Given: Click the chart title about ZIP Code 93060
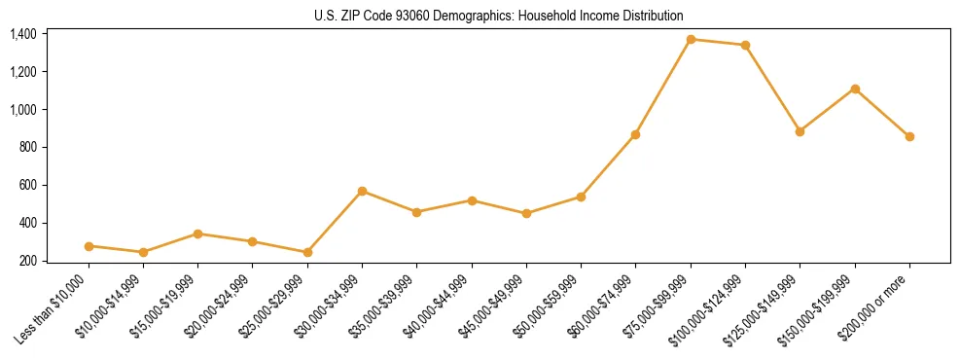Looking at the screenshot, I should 498,16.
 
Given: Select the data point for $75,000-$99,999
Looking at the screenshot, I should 691,40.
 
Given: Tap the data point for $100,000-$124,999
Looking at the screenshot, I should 745,45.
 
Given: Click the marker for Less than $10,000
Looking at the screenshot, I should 89,246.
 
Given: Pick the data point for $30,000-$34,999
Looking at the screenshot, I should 362,191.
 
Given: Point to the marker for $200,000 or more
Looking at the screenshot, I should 909,137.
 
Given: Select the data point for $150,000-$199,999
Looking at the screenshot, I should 855,89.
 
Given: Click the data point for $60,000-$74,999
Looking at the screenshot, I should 635,134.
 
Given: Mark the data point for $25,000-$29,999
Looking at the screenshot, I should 307,252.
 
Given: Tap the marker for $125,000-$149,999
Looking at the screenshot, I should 800,131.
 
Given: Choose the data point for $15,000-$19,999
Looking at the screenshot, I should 197,234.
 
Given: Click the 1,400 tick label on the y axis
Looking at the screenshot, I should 22,34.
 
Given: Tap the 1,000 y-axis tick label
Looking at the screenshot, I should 22,110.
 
